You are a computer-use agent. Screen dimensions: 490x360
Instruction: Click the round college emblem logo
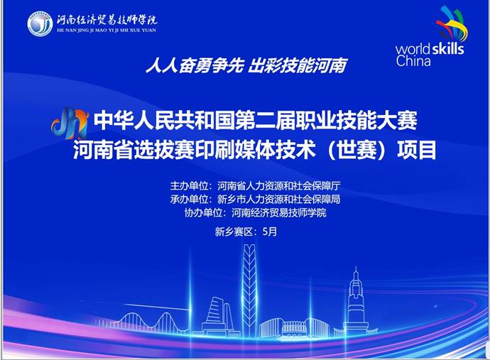(40, 23)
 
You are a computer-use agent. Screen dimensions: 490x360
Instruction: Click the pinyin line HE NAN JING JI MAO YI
(107, 31)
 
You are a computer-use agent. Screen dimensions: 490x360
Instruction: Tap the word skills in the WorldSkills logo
(447, 49)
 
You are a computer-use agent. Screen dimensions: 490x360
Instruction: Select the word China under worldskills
(413, 60)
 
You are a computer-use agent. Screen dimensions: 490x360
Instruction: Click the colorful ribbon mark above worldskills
(452, 24)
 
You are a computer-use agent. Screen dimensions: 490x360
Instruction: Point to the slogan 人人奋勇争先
(195, 65)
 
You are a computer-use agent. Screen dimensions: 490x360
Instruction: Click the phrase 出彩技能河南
(297, 65)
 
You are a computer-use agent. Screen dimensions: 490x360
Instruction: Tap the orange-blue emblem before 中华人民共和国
(70, 123)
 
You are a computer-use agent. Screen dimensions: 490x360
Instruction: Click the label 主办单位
(189, 186)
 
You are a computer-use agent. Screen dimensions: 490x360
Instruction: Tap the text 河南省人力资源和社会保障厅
(279, 186)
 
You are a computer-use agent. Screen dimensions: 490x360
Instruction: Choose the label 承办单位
(189, 199)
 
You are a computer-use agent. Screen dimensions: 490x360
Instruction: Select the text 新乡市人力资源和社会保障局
(279, 199)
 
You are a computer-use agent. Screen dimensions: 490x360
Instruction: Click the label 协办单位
(203, 213)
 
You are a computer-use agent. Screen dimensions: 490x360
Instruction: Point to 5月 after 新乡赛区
(270, 231)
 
